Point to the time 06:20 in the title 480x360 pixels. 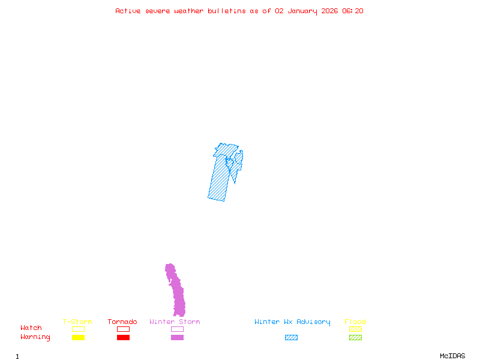click(x=353, y=11)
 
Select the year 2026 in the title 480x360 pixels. click(x=329, y=11)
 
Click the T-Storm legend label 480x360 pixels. click(x=77, y=322)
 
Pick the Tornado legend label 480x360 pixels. click(x=122, y=322)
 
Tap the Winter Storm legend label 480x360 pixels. click(x=175, y=322)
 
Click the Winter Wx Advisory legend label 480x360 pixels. click(x=292, y=322)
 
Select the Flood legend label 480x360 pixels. click(x=355, y=322)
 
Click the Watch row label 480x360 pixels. click(x=31, y=328)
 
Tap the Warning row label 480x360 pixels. click(x=35, y=337)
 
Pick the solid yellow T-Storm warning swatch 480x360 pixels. click(x=78, y=337)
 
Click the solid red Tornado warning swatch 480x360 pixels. click(x=123, y=337)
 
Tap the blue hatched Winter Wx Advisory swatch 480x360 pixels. click(x=291, y=337)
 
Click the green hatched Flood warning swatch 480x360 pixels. click(x=355, y=337)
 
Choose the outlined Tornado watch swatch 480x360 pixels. click(x=123, y=329)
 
